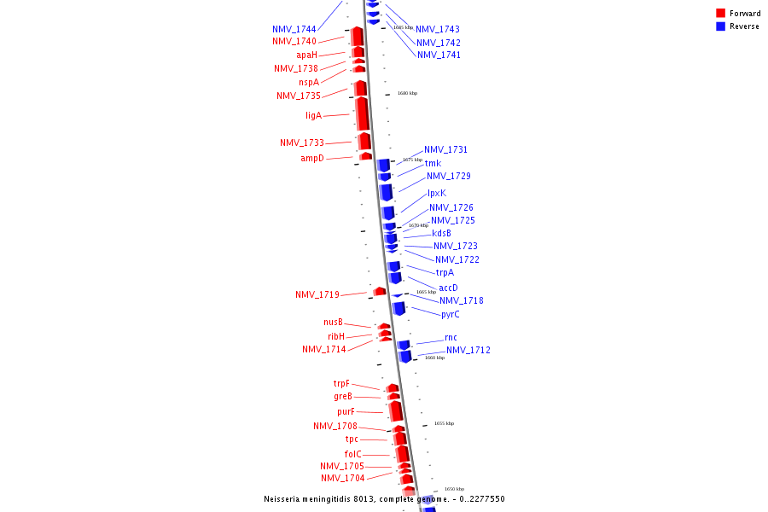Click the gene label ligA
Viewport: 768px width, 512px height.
tap(313, 115)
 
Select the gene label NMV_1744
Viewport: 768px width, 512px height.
tap(294, 29)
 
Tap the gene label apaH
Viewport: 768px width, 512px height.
tap(307, 55)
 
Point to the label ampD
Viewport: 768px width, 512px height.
tap(312, 158)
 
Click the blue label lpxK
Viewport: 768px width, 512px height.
tap(437, 193)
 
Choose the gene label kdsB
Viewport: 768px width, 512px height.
tap(441, 233)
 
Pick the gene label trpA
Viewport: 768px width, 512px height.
tap(445, 272)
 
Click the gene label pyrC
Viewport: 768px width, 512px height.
tap(451, 314)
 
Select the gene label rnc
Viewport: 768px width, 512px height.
tap(451, 337)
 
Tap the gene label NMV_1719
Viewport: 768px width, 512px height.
tap(317, 294)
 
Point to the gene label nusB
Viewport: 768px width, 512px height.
tap(333, 322)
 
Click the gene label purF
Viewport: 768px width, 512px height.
tap(346, 411)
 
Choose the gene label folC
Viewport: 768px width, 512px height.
tap(353, 454)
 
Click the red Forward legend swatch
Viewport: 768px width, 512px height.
tap(720, 13)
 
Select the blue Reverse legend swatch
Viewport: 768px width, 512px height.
tap(720, 26)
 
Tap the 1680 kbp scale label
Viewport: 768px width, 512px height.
tap(407, 93)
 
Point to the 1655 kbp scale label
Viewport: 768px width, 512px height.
tap(444, 423)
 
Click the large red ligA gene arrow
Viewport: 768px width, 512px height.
tap(363, 113)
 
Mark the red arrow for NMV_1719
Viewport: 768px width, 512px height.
tap(380, 292)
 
